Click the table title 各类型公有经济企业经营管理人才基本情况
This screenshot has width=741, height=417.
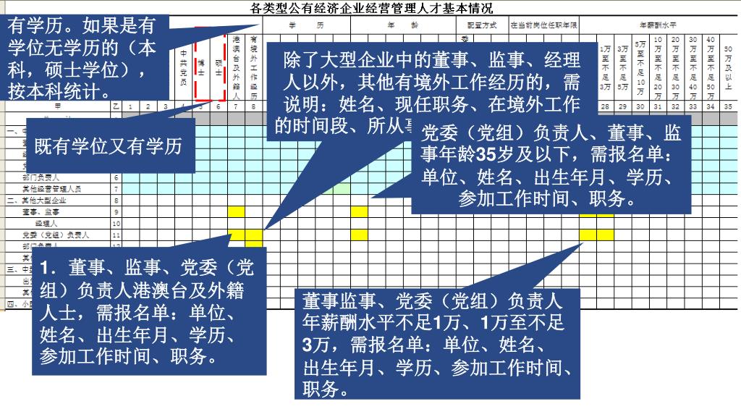(371, 9)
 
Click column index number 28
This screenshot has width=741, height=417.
(606, 107)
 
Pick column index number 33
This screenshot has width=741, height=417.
(693, 107)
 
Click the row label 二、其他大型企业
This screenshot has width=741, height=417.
(36, 201)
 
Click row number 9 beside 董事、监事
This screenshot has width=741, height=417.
(115, 212)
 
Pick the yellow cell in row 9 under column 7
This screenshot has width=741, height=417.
(237, 212)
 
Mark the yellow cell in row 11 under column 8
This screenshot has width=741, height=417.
(254, 235)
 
